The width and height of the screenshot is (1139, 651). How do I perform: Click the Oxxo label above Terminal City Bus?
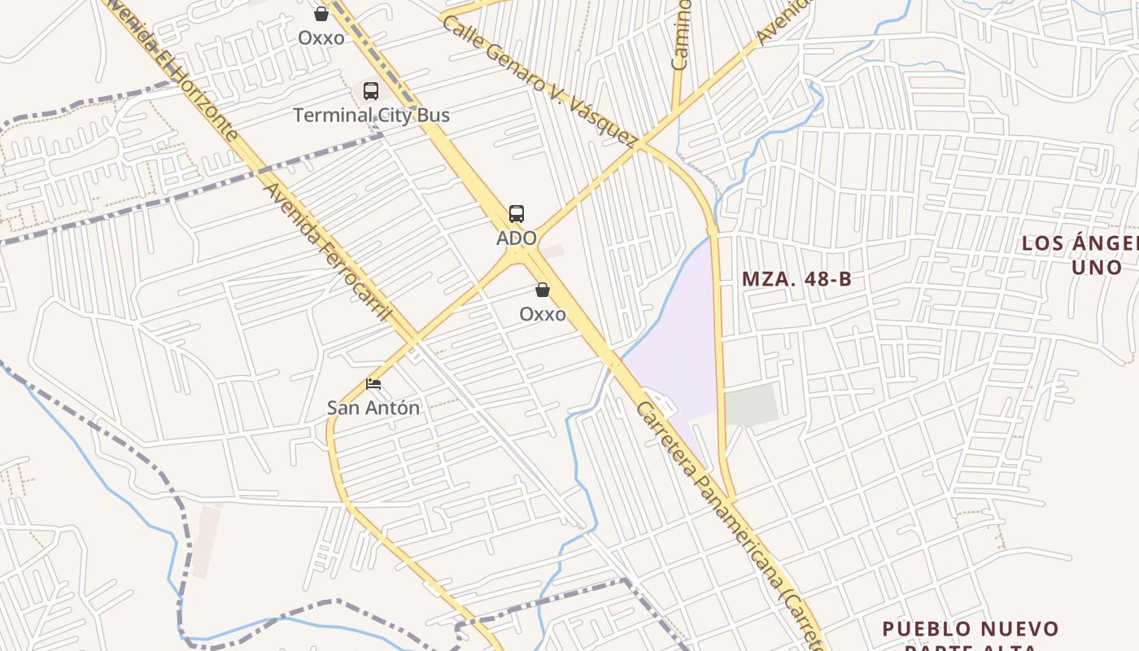click(x=321, y=38)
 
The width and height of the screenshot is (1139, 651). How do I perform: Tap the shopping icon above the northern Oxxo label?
click(x=321, y=14)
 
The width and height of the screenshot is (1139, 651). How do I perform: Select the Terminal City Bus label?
click(x=371, y=116)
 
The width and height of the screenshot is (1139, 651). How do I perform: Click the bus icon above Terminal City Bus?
click(x=371, y=91)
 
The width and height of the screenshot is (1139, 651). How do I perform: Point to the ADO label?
click(x=517, y=238)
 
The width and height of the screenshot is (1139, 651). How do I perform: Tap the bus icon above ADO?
click(x=517, y=214)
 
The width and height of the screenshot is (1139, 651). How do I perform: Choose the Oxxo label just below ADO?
click(x=543, y=314)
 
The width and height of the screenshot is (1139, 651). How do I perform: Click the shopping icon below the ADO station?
click(x=543, y=290)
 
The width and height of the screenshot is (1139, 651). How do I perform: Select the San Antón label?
click(x=373, y=408)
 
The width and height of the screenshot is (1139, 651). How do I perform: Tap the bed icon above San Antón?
click(x=373, y=383)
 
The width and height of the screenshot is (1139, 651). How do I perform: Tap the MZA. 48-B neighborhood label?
click(x=796, y=279)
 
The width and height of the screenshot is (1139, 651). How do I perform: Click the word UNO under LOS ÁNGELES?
click(x=1096, y=267)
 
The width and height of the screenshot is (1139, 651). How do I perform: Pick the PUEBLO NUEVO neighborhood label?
click(x=971, y=629)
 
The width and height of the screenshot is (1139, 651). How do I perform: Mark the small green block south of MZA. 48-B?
click(x=751, y=404)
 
